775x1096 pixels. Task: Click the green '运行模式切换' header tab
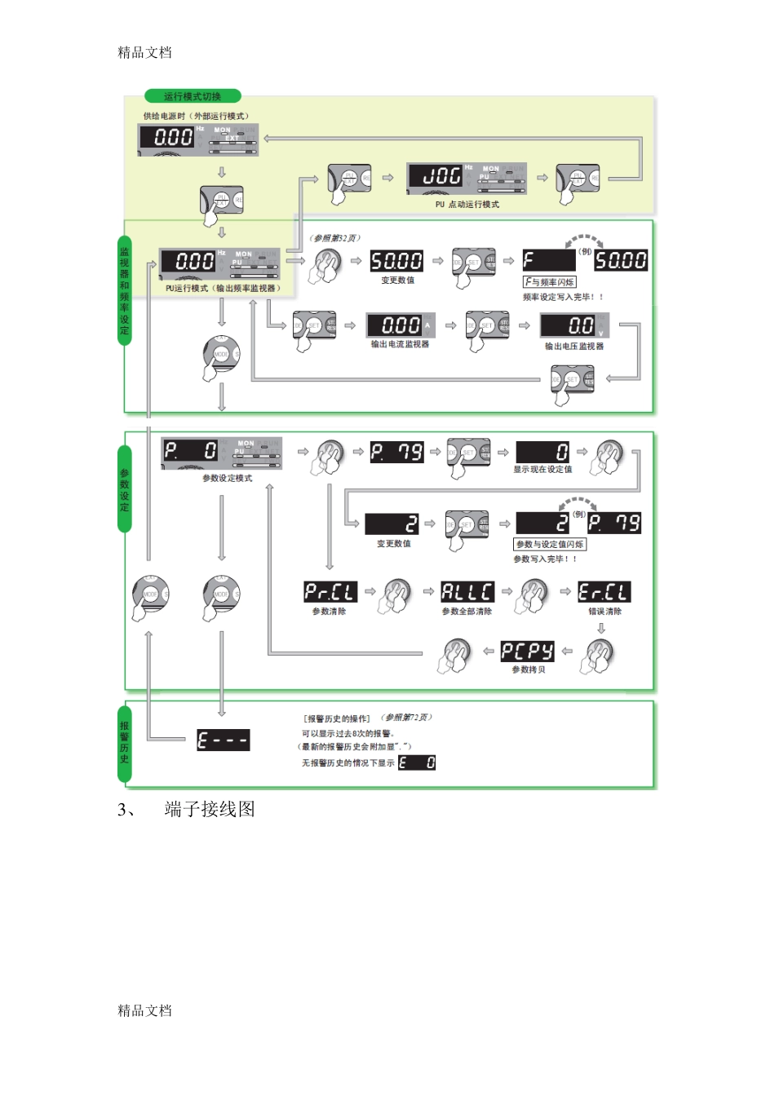pos(192,96)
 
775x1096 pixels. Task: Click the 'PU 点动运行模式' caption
pos(467,205)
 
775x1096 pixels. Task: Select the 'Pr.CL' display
pos(330,592)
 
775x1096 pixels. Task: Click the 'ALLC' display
pos(467,592)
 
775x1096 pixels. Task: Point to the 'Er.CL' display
pos(604,592)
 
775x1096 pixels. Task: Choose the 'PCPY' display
pos(527,651)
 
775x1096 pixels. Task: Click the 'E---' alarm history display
pos(223,740)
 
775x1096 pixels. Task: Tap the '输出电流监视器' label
pos(400,345)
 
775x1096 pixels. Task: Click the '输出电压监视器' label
pos(574,347)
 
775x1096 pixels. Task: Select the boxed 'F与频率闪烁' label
pos(550,282)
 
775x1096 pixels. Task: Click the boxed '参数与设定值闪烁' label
pos(550,544)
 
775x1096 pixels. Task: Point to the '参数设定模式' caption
pos(228,479)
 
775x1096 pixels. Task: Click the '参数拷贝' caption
pos(528,670)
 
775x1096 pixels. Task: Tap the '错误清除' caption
pos(604,612)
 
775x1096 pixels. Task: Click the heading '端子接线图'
pos(210,809)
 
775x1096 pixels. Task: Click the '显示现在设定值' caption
pos(542,470)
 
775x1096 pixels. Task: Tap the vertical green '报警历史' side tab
pos(125,742)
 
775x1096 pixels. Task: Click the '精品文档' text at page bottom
pos(144,1010)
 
